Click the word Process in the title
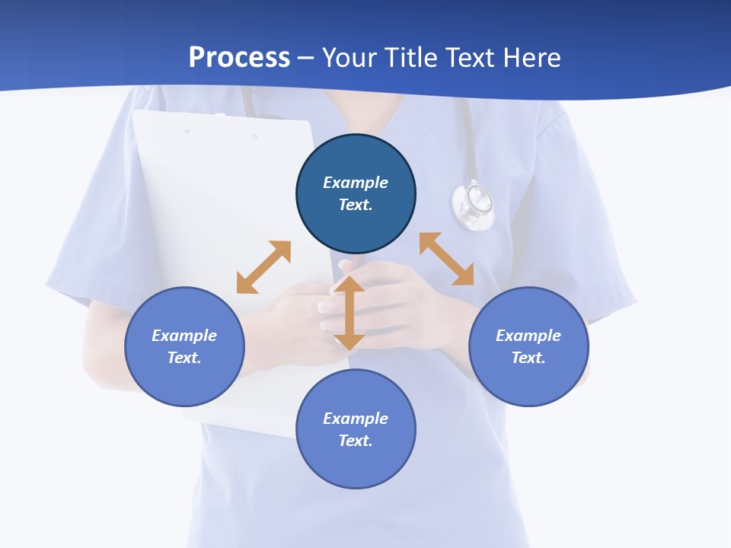coord(239,57)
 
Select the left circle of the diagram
coord(184,381)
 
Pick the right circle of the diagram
coord(528,381)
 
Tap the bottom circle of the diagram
coord(356,464)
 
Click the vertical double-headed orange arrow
coord(350,313)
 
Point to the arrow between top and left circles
coord(263,267)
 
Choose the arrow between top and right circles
coord(446,259)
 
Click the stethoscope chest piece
coord(473,204)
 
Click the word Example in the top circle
coord(356,183)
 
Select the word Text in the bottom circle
coord(355,441)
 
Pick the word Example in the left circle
coord(184,336)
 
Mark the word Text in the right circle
coord(528,358)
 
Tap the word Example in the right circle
coord(528,336)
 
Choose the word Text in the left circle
coord(184,358)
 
